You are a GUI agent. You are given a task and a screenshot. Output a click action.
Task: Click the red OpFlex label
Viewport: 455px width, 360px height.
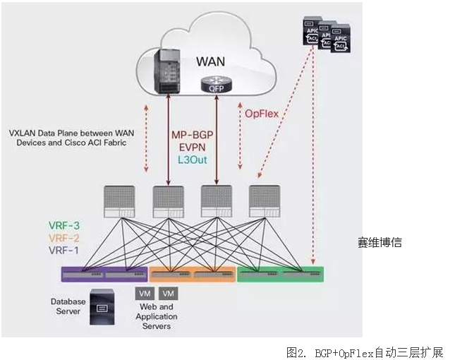point(262,114)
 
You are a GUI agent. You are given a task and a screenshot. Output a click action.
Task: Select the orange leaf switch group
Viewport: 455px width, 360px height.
point(191,274)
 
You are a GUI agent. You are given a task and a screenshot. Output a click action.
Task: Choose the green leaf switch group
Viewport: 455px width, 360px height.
point(280,274)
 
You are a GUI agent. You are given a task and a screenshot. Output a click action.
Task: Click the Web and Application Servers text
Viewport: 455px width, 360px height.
point(156,316)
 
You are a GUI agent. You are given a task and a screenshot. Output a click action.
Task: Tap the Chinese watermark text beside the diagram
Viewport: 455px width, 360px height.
point(379,243)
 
